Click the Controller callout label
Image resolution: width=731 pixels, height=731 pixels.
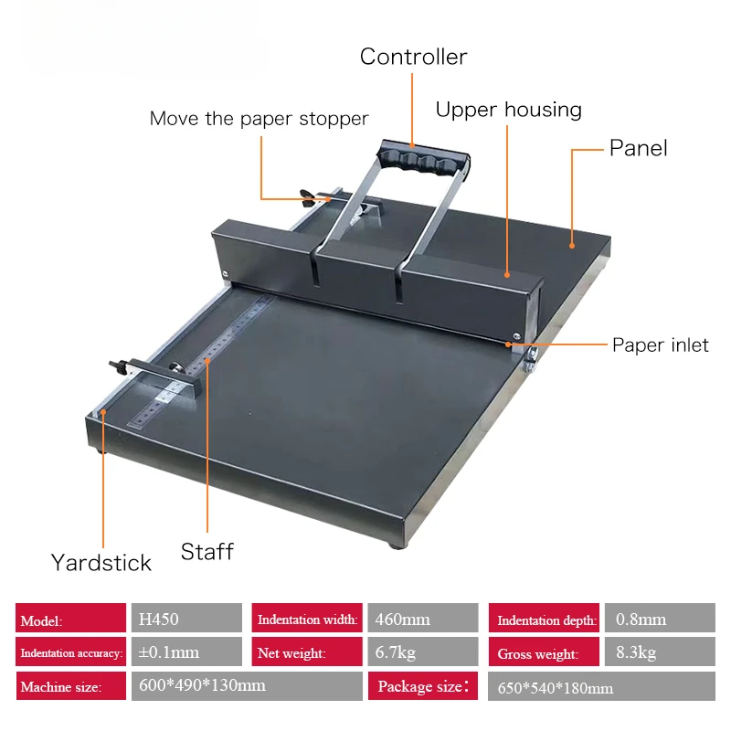(x=413, y=57)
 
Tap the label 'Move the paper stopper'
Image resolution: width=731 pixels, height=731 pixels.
(x=259, y=119)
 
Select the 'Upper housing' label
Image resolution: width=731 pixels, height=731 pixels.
(x=508, y=111)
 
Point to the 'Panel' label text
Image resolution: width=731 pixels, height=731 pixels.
(x=638, y=148)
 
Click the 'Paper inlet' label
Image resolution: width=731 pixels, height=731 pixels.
(x=660, y=345)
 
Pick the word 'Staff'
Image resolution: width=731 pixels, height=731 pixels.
(x=207, y=552)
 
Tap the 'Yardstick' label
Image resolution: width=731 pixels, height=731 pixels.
(x=101, y=562)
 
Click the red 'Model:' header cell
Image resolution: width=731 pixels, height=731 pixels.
(x=70, y=619)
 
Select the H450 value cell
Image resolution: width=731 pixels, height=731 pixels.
(x=186, y=619)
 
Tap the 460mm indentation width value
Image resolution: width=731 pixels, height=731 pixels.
(x=421, y=619)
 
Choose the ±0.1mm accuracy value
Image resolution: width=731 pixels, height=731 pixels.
(x=186, y=652)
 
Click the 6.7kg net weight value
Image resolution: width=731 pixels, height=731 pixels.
(x=421, y=652)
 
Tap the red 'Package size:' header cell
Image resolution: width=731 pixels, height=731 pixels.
(x=423, y=685)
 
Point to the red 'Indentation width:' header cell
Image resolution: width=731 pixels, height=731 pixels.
(x=307, y=619)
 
